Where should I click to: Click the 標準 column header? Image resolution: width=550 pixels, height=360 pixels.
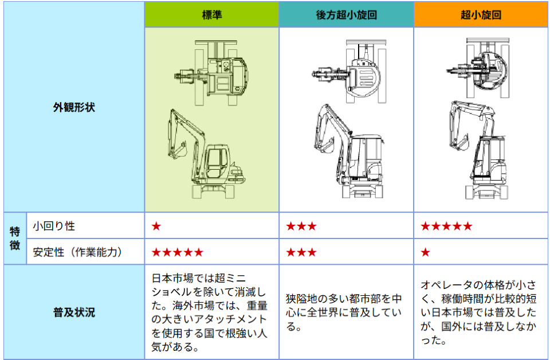(212, 15)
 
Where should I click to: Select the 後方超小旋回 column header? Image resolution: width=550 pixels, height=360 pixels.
(346, 15)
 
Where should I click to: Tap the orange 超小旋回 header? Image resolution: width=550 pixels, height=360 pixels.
(481, 15)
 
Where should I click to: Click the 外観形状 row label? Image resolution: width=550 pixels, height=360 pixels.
(74, 107)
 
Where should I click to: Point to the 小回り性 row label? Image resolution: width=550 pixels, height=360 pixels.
(54, 226)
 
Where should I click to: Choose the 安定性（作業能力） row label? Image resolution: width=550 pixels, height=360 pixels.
(78, 252)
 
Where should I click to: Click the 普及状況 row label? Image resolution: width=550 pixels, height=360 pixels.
(74, 312)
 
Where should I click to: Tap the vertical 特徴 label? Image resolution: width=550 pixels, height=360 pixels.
(15, 238)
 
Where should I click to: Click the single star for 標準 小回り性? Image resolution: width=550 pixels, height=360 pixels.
(156, 226)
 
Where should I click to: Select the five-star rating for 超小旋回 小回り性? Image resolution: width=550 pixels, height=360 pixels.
(446, 226)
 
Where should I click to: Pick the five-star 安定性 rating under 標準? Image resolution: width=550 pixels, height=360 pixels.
(178, 252)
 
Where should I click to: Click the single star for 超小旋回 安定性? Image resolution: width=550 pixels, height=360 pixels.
(426, 252)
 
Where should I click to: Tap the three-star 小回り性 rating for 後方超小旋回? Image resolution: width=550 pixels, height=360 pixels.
(301, 226)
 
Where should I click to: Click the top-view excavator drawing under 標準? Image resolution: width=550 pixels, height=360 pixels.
(211, 73)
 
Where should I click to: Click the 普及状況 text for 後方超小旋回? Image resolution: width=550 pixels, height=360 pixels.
(344, 312)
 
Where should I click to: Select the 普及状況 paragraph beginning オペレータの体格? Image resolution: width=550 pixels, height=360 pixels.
(478, 312)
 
